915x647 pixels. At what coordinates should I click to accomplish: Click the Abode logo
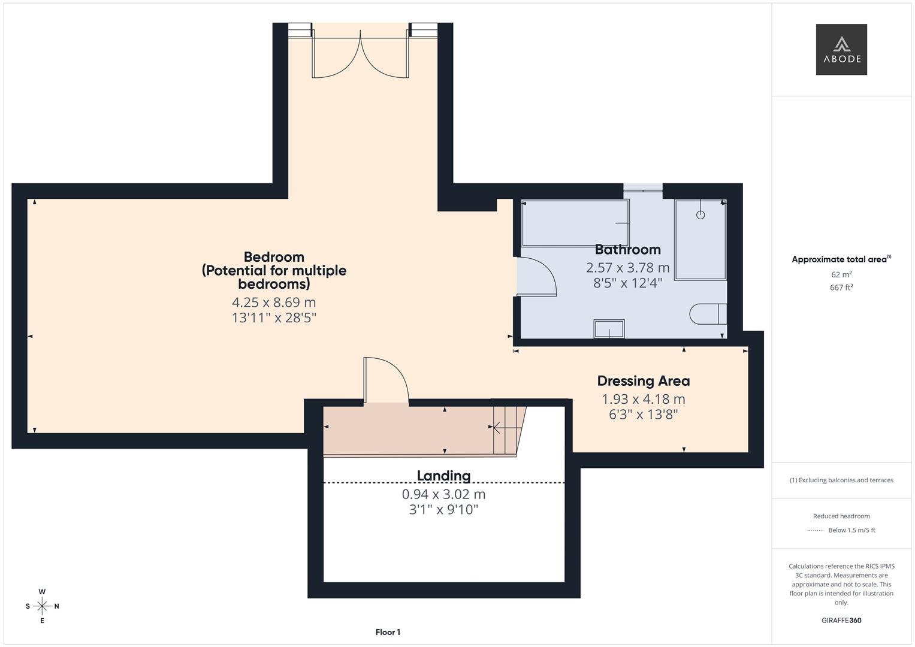[841, 49]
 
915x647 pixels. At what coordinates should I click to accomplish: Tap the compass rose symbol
[42, 606]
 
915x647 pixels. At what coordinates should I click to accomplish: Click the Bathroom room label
[627, 250]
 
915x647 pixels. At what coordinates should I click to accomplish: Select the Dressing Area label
[643, 381]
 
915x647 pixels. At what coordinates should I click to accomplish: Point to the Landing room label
[443, 476]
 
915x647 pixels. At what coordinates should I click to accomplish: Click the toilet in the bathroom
[708, 314]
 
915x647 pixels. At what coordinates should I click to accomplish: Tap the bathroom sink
[609, 329]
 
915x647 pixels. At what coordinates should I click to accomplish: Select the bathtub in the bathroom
[575, 223]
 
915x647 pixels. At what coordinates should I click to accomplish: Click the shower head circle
[700, 214]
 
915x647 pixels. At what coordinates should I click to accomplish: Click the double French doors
[360, 54]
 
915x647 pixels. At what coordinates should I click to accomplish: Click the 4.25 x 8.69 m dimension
[274, 303]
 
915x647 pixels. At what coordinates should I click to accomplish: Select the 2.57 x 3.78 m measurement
[627, 268]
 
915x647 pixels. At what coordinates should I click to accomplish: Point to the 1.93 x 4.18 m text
[643, 399]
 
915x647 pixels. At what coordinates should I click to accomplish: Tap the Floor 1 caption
[388, 632]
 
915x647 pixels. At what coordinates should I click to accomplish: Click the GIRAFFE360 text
[841, 620]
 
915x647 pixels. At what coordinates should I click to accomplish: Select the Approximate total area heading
[840, 259]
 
